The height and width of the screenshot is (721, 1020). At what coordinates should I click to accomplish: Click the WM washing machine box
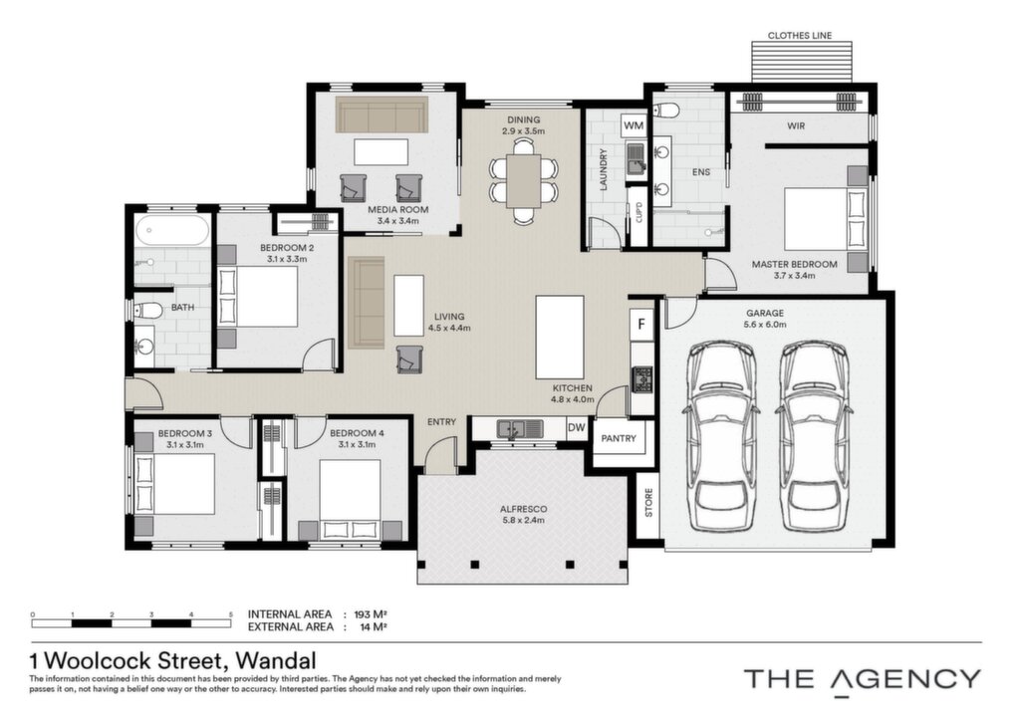(634, 125)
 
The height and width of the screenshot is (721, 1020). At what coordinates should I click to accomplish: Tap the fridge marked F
(641, 324)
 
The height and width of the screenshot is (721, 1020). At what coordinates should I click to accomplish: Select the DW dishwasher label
(577, 428)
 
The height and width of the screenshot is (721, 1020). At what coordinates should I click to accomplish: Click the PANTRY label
(619, 439)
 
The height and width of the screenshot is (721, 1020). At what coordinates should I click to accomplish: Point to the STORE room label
(648, 503)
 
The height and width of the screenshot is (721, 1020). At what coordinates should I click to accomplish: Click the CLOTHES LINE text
(800, 36)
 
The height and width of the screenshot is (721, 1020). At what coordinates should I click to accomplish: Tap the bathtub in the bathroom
(173, 231)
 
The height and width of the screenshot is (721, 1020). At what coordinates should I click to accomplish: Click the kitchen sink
(520, 429)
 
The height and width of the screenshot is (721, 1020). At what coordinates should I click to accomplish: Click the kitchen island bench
(560, 337)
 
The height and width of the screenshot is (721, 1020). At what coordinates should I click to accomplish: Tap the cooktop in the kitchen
(642, 379)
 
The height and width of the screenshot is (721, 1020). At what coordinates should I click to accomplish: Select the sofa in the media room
(382, 116)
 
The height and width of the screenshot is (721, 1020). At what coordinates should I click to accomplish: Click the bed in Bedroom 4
(350, 499)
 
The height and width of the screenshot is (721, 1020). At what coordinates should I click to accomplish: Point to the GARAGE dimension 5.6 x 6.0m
(765, 325)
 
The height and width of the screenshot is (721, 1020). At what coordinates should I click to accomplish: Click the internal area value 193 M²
(371, 614)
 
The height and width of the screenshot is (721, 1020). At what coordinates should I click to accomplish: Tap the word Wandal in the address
(276, 661)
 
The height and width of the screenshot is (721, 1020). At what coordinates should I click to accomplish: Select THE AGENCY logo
(863, 679)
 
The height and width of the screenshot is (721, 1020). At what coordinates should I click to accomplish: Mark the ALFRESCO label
(523, 509)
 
